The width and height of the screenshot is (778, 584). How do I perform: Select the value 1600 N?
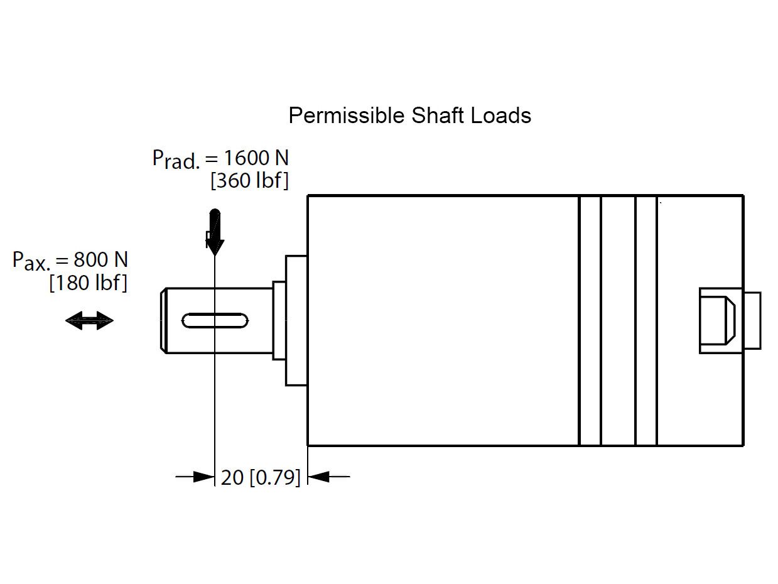pyautogui.click(x=256, y=157)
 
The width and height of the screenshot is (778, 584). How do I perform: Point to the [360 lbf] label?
pyautogui.click(x=249, y=181)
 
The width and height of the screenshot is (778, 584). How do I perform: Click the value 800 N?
pyautogui.click(x=100, y=259)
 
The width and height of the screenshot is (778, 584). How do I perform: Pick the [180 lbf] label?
pyautogui.click(x=88, y=283)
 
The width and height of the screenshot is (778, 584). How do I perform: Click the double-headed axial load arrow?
pyautogui.click(x=89, y=322)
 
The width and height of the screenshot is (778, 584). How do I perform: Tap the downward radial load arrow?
pyautogui.click(x=215, y=231)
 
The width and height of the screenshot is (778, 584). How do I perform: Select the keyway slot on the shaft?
pyautogui.click(x=215, y=320)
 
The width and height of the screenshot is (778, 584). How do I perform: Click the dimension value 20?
pyautogui.click(x=232, y=478)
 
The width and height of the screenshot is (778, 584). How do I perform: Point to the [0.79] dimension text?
pyautogui.click(x=275, y=478)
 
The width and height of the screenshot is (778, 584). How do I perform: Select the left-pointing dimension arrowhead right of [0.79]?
pyautogui.click(x=320, y=477)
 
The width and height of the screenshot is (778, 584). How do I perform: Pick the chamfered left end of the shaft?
pyautogui.click(x=163, y=320)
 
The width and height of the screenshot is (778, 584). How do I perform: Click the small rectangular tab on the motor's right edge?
pyautogui.click(x=752, y=320)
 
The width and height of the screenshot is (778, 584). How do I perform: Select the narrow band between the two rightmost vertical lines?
pyautogui.click(x=646, y=320)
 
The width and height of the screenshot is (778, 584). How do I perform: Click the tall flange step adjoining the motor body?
pyautogui.click(x=296, y=320)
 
